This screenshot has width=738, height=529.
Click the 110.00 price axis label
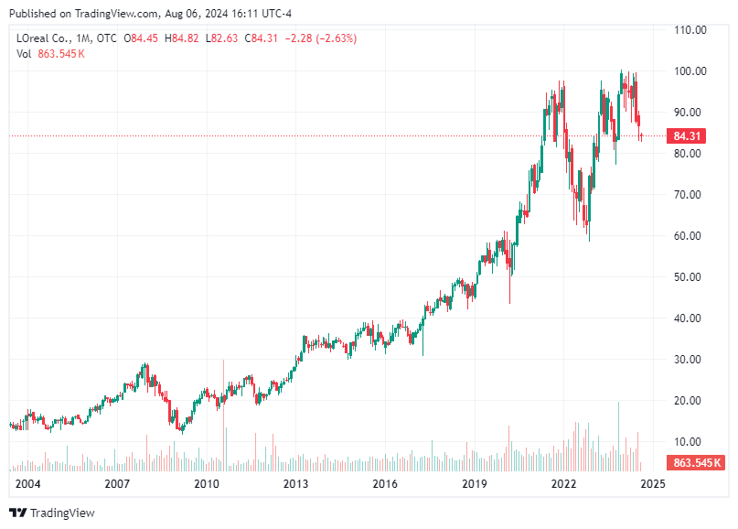coord(690,29)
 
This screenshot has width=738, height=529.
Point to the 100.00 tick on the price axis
coord(690,70)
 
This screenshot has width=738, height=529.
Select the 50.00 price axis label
coord(690,276)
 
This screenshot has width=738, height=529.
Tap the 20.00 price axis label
coord(690,400)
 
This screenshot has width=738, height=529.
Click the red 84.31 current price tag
coord(687,136)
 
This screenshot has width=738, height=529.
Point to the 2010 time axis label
coord(207,483)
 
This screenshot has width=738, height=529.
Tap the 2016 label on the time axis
coord(385,483)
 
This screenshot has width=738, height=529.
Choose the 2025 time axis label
coord(653,483)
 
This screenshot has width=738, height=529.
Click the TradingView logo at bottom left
coord(52,513)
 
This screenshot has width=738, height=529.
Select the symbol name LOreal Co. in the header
coord(44,38)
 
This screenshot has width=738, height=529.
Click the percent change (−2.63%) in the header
coord(332,38)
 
